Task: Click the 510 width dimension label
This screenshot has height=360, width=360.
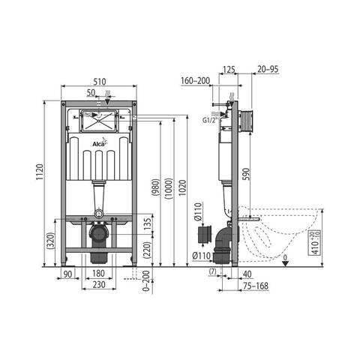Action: [x=100, y=82]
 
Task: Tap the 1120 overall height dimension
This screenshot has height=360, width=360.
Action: [x=40, y=172]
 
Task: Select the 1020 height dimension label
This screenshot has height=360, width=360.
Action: [x=182, y=187]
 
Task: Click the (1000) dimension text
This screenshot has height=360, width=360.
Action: [x=169, y=188]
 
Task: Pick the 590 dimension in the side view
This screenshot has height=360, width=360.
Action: [x=246, y=174]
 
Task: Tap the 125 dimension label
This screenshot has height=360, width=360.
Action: [x=229, y=69]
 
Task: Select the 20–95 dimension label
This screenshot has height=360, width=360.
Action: [x=268, y=69]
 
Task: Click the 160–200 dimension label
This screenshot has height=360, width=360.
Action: [x=196, y=80]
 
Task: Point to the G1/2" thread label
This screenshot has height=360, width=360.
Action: [x=210, y=120]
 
